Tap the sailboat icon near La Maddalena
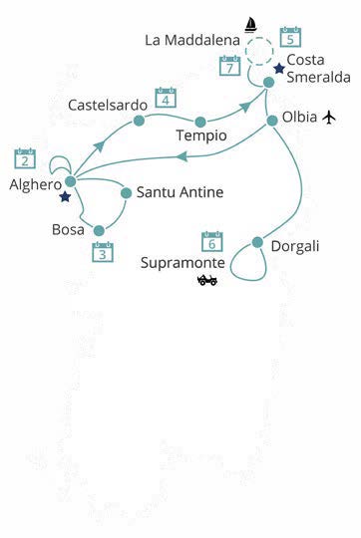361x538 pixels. pos(251,24)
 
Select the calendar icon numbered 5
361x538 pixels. pos(290,37)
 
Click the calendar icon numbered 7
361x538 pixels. pos(229,67)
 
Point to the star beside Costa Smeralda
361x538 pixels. pos(279,69)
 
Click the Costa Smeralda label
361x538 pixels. pos(318,69)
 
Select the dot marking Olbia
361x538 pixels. pos(272,120)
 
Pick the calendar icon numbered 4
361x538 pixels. pos(166,99)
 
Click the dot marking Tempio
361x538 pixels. pos(200,122)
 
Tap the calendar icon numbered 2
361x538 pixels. pos(25,157)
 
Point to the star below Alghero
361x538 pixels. pos(65,197)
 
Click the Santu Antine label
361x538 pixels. pos(180,192)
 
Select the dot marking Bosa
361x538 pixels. pos(99,230)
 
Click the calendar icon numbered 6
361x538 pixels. pos(211,241)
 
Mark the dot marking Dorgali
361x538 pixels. pos(257,242)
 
